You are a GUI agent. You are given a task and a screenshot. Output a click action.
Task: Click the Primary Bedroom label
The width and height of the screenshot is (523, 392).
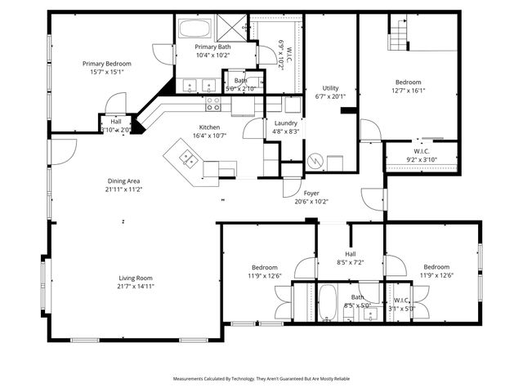pyautogui.click(x=106, y=63)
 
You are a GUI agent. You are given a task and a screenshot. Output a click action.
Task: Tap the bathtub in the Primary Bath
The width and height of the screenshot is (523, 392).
pyautogui.click(x=194, y=31)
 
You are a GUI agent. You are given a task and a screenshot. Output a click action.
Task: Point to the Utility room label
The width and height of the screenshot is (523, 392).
pyautogui.click(x=330, y=87)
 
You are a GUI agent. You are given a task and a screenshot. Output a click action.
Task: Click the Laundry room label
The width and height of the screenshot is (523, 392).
pyautogui.click(x=285, y=122)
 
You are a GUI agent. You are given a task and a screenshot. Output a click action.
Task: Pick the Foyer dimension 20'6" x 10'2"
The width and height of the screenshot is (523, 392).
pyautogui.click(x=311, y=201)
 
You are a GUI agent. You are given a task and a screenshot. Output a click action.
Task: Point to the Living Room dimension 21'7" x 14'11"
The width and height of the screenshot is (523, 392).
pyautogui.click(x=136, y=286)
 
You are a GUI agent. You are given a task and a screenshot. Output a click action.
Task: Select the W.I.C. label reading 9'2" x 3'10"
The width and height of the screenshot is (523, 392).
pyautogui.click(x=422, y=159)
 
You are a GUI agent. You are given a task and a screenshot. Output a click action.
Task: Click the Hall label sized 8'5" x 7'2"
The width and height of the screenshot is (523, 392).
pyautogui.click(x=350, y=262)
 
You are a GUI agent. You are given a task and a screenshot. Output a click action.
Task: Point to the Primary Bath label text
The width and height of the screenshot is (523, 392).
pyautogui.click(x=212, y=47)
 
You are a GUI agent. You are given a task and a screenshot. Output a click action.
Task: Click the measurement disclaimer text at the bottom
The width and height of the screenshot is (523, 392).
pyautogui.click(x=261, y=379)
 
